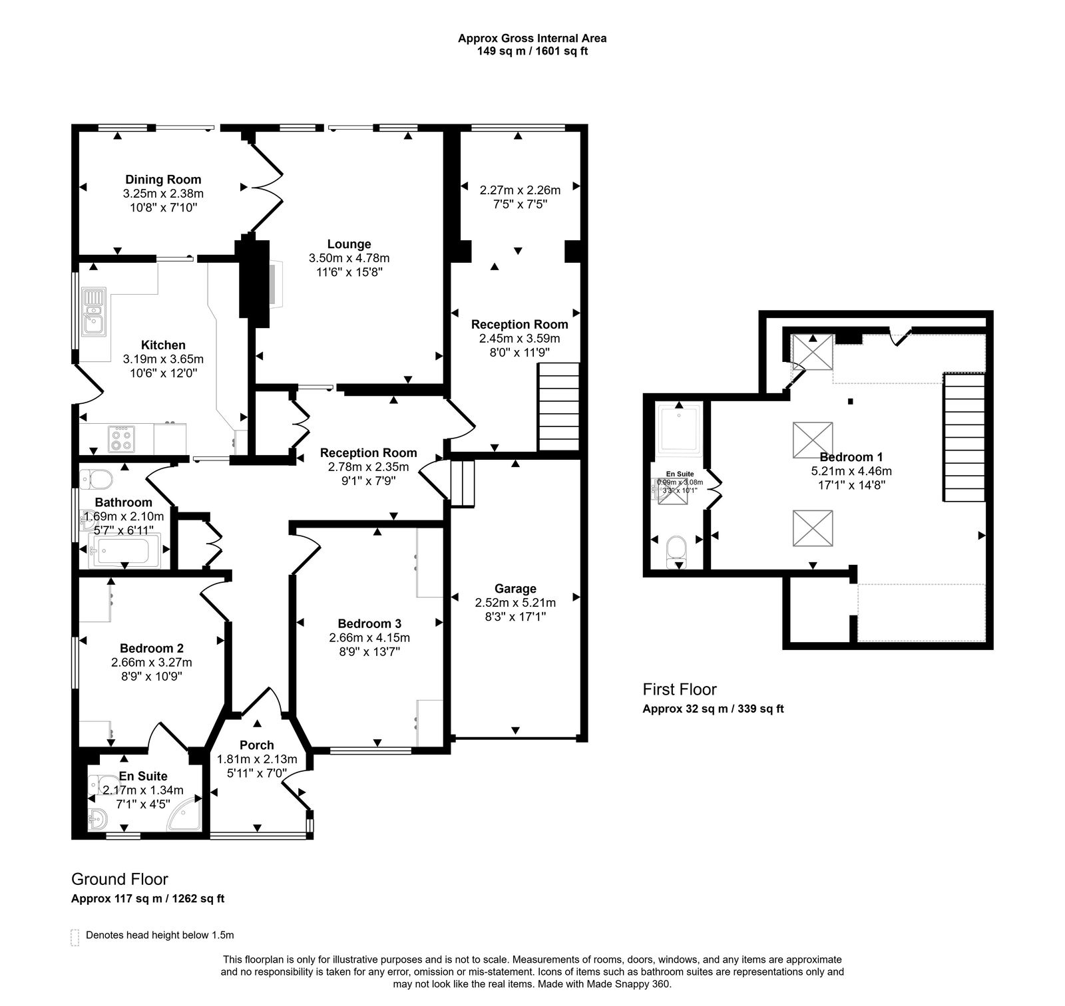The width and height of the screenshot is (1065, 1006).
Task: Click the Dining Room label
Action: click(x=163, y=179)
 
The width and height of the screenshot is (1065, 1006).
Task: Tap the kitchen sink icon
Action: click(x=94, y=311)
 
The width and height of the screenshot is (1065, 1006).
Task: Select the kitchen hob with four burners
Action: click(x=121, y=438)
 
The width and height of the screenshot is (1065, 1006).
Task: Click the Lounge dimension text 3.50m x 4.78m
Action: click(x=349, y=258)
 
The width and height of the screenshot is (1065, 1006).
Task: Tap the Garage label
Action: click(x=515, y=588)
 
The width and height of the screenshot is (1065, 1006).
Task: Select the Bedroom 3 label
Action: click(x=369, y=623)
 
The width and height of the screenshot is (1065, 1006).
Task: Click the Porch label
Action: click(x=256, y=745)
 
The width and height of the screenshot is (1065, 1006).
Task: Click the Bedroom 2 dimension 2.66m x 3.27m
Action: click(x=152, y=662)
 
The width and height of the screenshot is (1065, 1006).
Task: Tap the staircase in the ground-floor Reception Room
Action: click(x=558, y=406)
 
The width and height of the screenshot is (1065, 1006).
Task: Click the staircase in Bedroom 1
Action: click(x=963, y=436)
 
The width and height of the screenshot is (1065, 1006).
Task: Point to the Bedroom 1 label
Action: click(x=851, y=457)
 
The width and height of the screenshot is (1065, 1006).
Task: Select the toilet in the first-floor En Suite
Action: click(x=676, y=550)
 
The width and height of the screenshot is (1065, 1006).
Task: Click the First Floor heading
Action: click(x=679, y=689)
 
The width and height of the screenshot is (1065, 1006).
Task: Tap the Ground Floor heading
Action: click(x=119, y=880)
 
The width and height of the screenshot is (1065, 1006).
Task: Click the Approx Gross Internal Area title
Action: click(x=532, y=38)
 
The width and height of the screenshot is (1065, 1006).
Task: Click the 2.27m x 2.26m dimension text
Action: click(x=520, y=190)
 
